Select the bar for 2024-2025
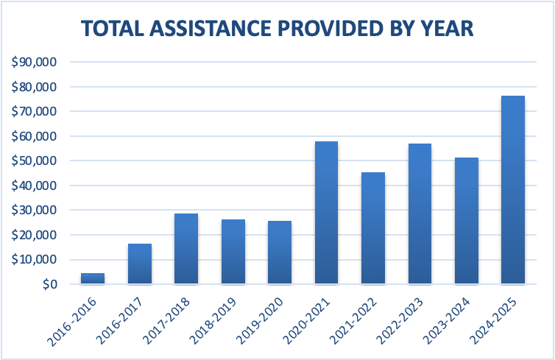point(512,190)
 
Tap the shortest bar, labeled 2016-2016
point(93,278)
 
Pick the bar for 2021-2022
point(372,228)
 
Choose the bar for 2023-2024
point(466,221)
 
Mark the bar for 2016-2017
point(140,264)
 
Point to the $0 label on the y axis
point(46,284)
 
